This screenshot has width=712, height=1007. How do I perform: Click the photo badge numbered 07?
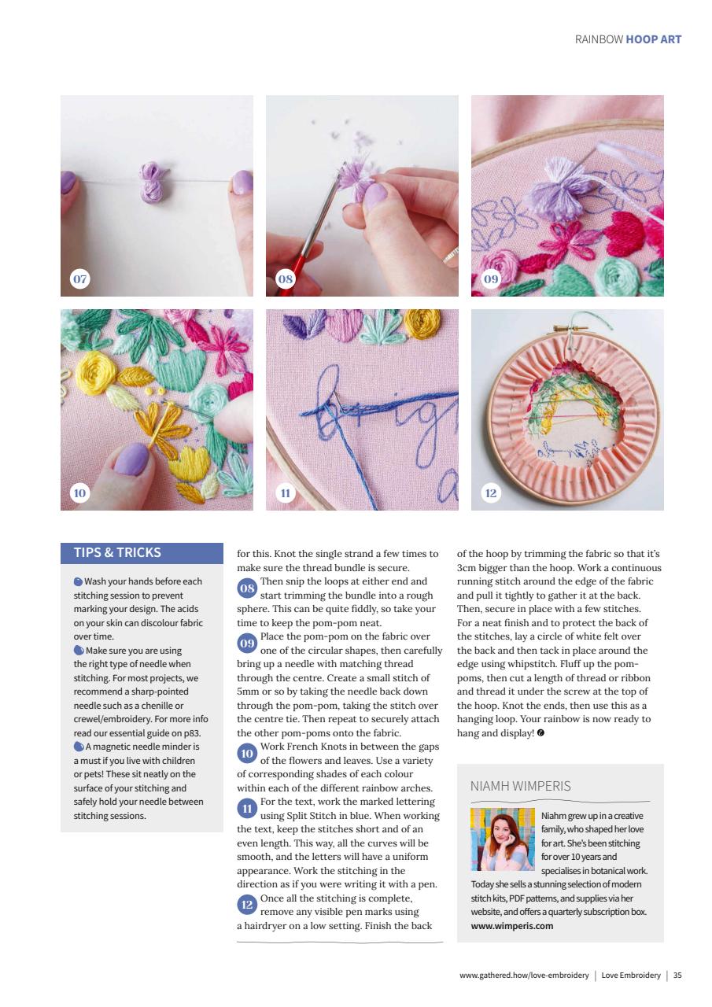[x=79, y=278]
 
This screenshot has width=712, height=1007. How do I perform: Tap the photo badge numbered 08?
[x=285, y=278]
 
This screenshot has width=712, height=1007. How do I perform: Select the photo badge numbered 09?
[x=490, y=278]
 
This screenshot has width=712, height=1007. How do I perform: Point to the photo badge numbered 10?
[x=79, y=493]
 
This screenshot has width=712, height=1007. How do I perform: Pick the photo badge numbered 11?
[x=285, y=493]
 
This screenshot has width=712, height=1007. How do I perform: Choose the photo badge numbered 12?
[x=490, y=493]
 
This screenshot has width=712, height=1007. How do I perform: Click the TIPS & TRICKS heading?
[x=117, y=552]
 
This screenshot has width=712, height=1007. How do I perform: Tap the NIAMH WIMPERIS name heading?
[x=520, y=786]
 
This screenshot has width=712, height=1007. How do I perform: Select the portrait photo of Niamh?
[x=503, y=839]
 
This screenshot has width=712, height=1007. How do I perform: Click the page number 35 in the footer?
[x=677, y=976]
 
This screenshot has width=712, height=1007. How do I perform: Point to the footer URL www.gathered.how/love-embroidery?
[x=524, y=976]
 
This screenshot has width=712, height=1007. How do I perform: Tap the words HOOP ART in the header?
[x=654, y=39]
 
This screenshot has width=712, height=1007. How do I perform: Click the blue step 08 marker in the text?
[x=247, y=588]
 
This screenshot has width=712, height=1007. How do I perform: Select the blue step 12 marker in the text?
[x=247, y=905]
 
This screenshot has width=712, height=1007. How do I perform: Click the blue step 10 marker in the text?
[x=247, y=754]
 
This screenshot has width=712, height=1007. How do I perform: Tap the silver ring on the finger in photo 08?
[x=451, y=253]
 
